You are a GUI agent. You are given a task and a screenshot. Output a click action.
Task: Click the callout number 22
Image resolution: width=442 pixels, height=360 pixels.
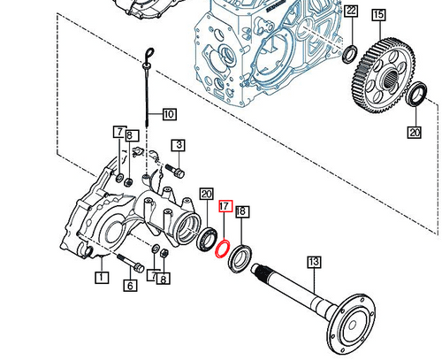[351, 11]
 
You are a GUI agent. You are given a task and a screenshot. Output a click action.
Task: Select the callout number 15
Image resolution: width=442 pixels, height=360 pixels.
[377, 14]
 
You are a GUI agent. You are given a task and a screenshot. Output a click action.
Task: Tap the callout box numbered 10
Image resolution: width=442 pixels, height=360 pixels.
[169, 113]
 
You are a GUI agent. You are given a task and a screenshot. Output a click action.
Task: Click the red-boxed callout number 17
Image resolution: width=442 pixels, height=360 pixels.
[225, 205]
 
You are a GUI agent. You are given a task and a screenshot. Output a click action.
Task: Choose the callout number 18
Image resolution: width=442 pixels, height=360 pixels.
[243, 212]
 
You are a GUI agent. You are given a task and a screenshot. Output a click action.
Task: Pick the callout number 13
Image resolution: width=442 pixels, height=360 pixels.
[312, 261]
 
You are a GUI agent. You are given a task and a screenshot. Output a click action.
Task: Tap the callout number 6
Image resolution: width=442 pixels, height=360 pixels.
[128, 285]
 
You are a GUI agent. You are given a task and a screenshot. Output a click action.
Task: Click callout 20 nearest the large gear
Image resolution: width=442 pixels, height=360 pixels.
[415, 134]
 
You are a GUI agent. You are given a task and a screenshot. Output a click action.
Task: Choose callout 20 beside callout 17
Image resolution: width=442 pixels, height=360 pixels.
[206, 194]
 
